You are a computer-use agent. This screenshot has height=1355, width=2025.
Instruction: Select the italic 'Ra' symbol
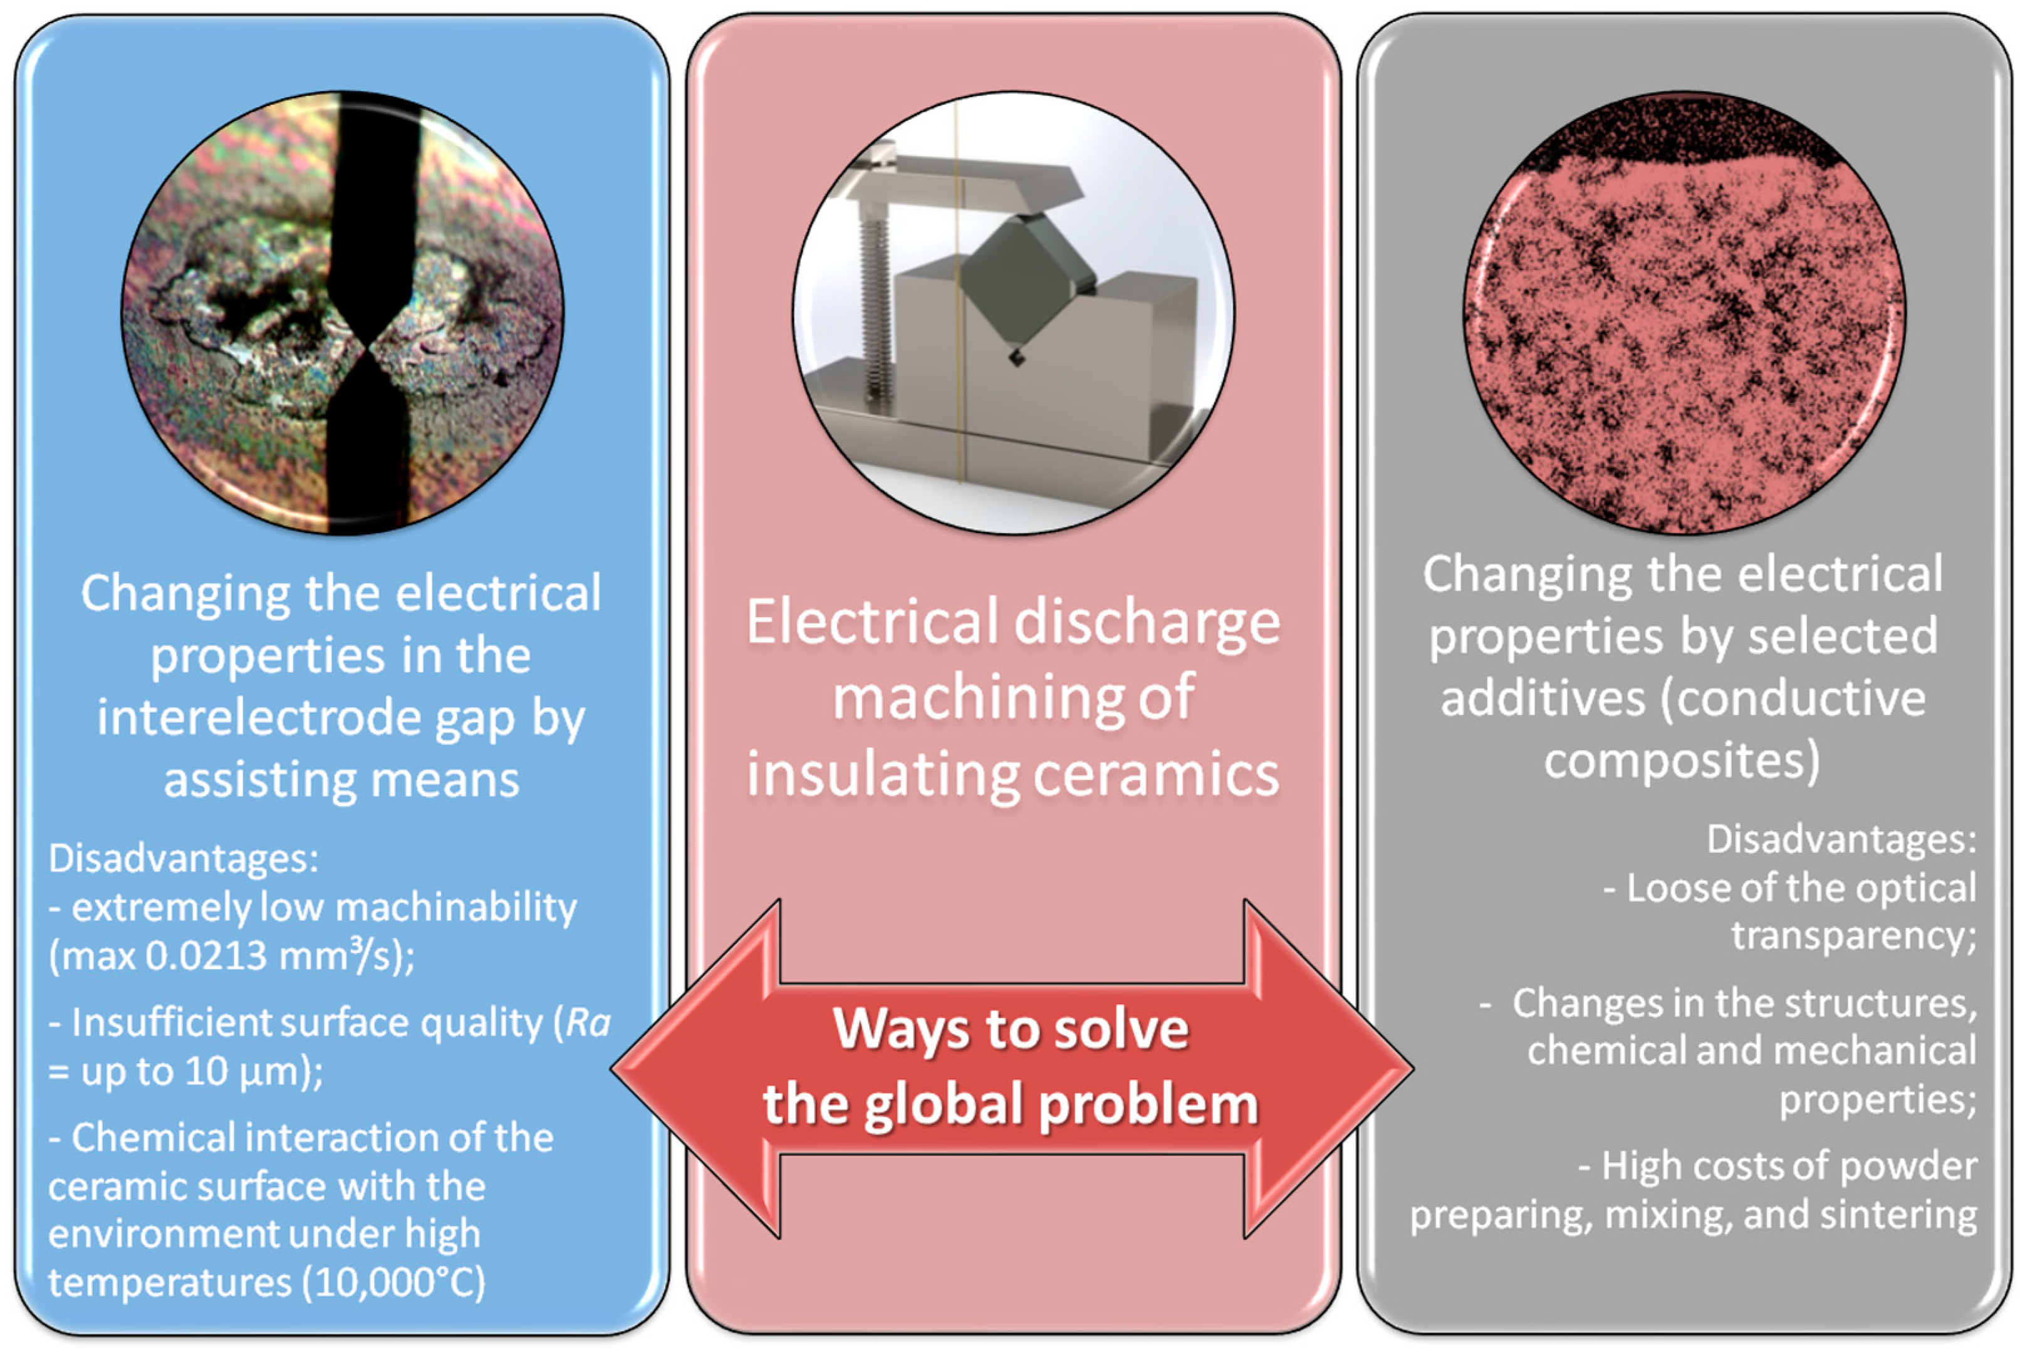[x=588, y=1022]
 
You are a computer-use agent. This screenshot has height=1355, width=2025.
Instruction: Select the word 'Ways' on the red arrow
[x=900, y=1029]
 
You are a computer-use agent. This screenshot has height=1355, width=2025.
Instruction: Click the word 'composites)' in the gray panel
[x=1682, y=761]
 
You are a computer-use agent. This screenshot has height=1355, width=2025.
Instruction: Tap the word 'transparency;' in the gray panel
[x=1853, y=937]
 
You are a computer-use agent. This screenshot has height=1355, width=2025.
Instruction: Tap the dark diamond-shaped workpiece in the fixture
[x=1020, y=276]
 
